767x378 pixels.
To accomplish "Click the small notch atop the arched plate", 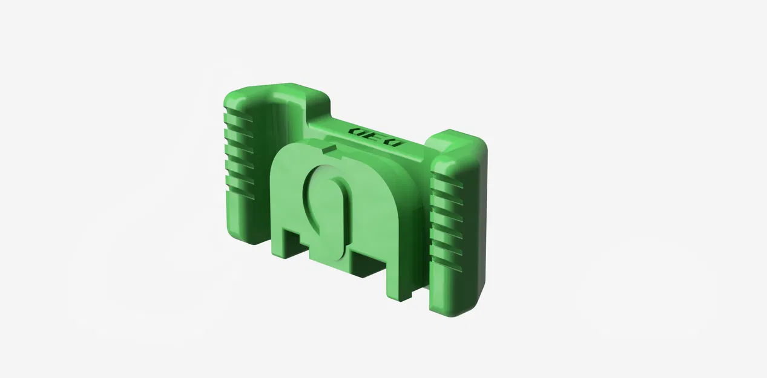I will [330, 148].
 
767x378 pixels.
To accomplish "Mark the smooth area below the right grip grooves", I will [451, 290].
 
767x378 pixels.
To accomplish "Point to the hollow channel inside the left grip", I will [266, 133].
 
